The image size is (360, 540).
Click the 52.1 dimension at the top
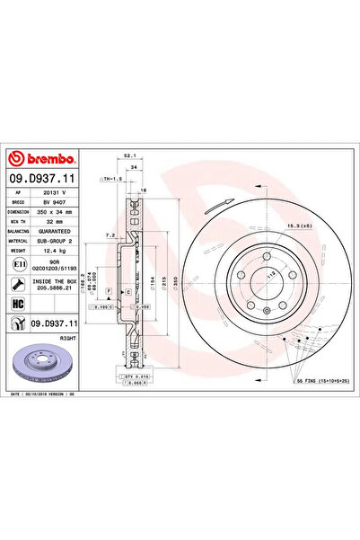(x=130, y=157)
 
